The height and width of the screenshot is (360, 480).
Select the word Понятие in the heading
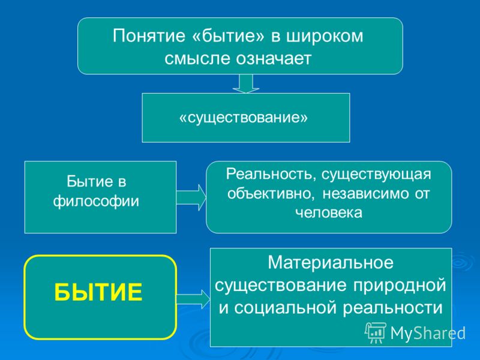[x=149, y=36]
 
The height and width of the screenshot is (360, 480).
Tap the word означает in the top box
[x=274, y=58]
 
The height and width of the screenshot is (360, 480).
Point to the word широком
[x=325, y=37]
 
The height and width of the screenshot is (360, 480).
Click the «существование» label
[x=244, y=117]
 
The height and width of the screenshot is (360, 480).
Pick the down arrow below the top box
[x=246, y=83]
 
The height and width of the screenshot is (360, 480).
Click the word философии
[x=96, y=201]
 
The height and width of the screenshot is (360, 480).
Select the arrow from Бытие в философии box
[x=191, y=197]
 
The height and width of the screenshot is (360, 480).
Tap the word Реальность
[x=271, y=174]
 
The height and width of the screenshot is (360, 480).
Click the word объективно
[x=271, y=193]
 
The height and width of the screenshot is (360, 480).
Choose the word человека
[x=329, y=212]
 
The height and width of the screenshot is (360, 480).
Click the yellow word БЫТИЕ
[x=98, y=292]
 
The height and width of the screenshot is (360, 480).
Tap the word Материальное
[x=331, y=263]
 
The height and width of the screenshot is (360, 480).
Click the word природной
[x=400, y=286]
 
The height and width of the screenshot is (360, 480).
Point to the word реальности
[x=393, y=308]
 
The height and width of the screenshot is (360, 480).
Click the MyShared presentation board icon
[x=376, y=333]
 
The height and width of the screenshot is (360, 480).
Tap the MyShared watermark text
[x=428, y=333]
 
